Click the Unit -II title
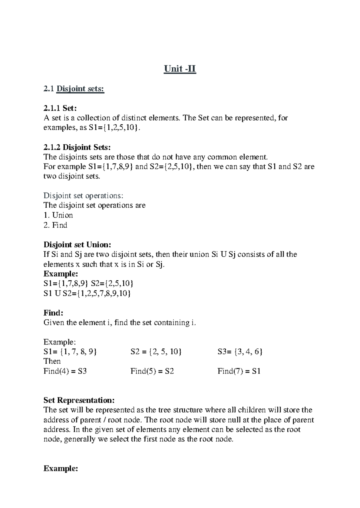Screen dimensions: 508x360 (x=180, y=69)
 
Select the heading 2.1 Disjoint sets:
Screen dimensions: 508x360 (x=74, y=89)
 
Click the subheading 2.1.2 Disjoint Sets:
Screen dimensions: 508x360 (x=77, y=147)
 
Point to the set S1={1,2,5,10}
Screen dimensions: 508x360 (x=114, y=128)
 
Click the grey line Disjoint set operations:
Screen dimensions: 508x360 (x=83, y=196)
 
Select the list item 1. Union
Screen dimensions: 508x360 (x=58, y=215)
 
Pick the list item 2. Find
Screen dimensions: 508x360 (x=55, y=225)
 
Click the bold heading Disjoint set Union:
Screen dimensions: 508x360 (x=77, y=245)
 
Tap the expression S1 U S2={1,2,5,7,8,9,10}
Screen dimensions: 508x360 (x=87, y=293)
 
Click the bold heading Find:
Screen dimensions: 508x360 (x=53, y=313)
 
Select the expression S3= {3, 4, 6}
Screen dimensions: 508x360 (x=240, y=352)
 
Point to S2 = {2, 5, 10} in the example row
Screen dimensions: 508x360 (x=156, y=352)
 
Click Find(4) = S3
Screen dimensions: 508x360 (x=65, y=371)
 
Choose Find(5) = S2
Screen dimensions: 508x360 (x=152, y=371)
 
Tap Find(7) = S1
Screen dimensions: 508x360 (x=239, y=371)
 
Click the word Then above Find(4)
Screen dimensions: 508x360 (x=52, y=361)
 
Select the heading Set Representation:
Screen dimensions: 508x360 (x=79, y=400)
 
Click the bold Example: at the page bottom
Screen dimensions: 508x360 (x=61, y=469)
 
